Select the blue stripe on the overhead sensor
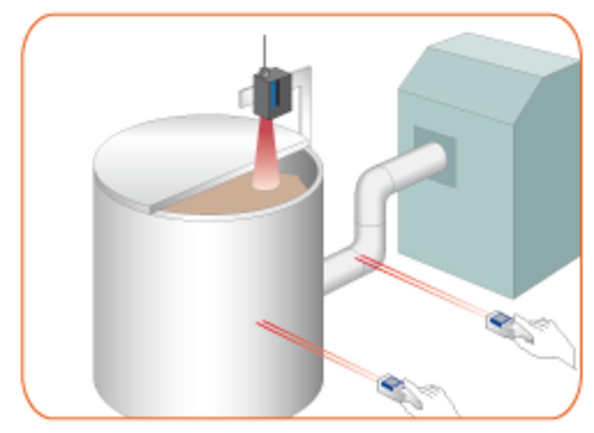[274, 94]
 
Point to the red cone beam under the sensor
[265, 159]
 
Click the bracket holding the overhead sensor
[304, 99]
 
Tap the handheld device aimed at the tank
[394, 386]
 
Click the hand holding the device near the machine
[549, 339]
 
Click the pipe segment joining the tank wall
[342, 270]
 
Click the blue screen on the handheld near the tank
[391, 382]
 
